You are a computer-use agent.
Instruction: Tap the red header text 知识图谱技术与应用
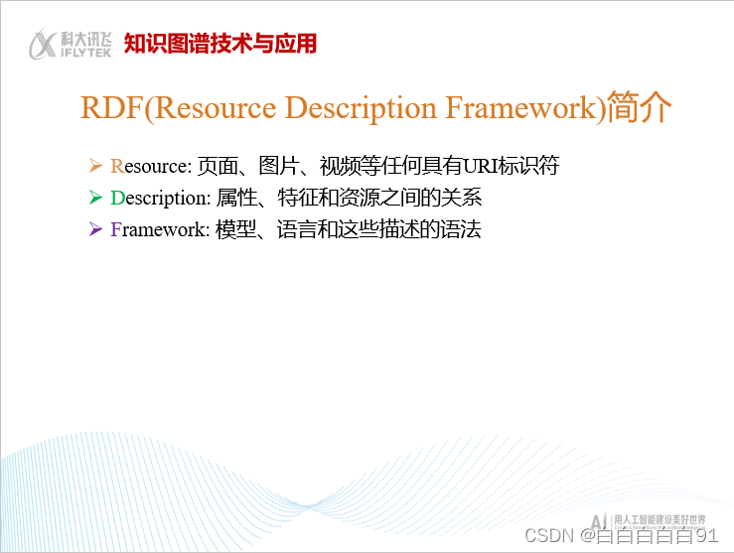click(220, 44)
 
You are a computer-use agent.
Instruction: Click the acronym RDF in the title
click(111, 107)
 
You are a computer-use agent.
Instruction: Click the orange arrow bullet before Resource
click(95, 164)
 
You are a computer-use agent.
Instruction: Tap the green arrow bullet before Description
click(95, 197)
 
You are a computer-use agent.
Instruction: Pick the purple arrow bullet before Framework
click(95, 229)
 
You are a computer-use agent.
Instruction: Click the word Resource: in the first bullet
click(150, 165)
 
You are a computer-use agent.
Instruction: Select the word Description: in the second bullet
click(160, 198)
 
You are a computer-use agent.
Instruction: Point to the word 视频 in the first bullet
click(324, 165)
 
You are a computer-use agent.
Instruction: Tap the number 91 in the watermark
click(706, 534)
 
